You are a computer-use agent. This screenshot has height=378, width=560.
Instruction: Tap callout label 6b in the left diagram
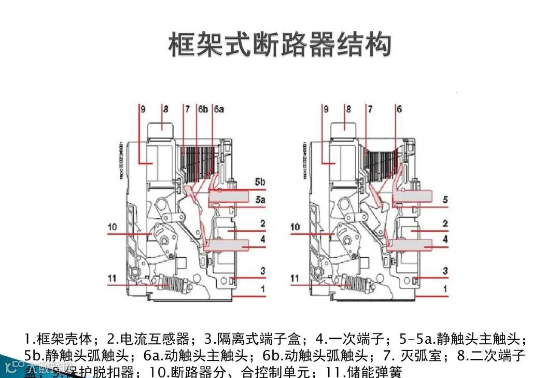(203, 109)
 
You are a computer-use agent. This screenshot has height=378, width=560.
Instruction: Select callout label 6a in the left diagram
(219, 109)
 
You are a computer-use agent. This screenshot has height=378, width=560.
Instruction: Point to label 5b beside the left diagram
(260, 183)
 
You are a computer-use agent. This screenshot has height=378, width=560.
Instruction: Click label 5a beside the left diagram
(260, 199)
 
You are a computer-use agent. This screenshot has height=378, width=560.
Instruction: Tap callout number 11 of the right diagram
(295, 278)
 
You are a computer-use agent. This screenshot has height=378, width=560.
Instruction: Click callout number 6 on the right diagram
(399, 109)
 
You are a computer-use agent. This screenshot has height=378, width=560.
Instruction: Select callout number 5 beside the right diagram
(445, 199)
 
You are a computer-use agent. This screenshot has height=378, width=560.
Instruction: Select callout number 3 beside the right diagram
(445, 271)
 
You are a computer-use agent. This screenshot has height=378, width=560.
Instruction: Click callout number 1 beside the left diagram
(263, 288)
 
